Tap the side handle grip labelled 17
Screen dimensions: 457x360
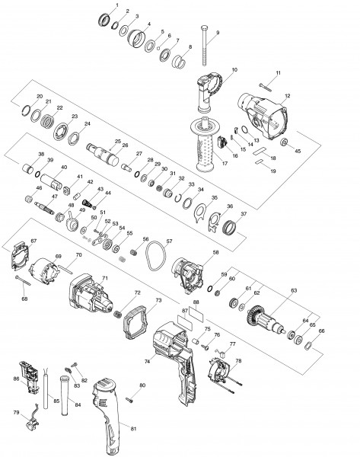click(203, 145)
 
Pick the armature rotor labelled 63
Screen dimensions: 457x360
click(266, 318)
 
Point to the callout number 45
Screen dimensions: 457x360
click(298, 152)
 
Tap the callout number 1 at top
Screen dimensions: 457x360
click(116, 5)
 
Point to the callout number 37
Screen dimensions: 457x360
click(244, 214)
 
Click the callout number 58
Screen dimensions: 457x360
click(216, 251)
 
